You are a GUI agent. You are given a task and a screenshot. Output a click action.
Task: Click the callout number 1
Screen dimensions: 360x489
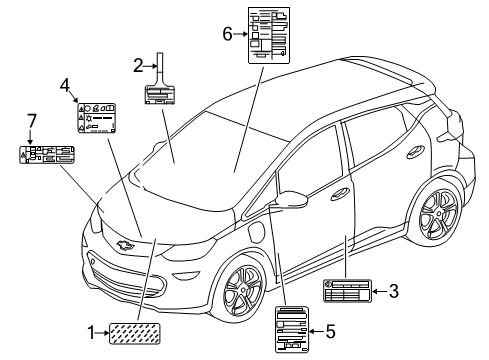click(x=93, y=332)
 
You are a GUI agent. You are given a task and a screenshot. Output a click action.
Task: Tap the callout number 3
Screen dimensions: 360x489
click(x=394, y=291)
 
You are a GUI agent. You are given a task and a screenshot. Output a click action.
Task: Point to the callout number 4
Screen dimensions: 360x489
click(x=64, y=85)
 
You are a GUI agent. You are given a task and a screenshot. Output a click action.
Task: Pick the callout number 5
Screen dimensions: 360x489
click(x=329, y=331)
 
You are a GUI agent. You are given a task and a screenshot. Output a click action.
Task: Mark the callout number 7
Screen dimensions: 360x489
click(x=32, y=122)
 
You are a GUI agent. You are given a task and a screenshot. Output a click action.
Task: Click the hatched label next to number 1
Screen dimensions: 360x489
click(x=138, y=332)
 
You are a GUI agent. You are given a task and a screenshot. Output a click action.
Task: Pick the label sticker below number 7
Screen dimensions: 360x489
click(x=47, y=155)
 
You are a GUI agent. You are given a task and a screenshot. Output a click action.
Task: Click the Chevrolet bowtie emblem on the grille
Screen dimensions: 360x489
click(x=126, y=243)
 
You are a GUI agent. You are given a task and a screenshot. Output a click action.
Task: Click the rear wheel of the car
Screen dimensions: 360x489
click(x=440, y=212)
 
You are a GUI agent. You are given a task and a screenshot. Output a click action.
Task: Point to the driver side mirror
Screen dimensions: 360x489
click(x=293, y=197)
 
